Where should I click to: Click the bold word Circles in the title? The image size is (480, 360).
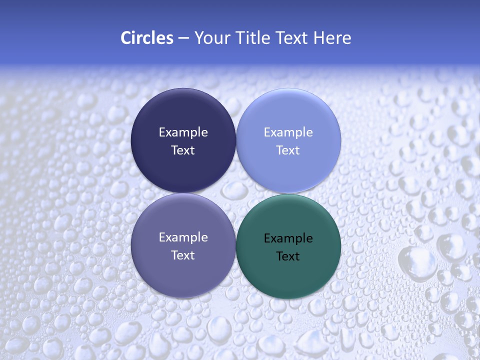pyautogui.click(x=146, y=38)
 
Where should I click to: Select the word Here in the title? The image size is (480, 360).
pyautogui.click(x=332, y=38)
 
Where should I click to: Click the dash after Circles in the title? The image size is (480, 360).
pyautogui.click(x=183, y=38)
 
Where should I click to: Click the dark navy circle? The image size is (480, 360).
pyautogui.click(x=183, y=115)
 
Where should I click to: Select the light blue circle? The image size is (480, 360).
pyautogui.click(x=288, y=115)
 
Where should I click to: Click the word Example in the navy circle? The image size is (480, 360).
pyautogui.click(x=183, y=132)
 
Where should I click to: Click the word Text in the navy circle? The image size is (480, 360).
pyautogui.click(x=183, y=150)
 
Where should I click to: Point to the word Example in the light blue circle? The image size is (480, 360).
pyautogui.click(x=288, y=132)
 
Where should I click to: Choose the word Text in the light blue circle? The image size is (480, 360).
pyautogui.click(x=288, y=150)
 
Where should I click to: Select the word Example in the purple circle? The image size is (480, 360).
pyautogui.click(x=183, y=237)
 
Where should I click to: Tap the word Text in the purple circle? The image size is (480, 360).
pyautogui.click(x=183, y=255)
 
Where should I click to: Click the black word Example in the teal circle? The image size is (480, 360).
pyautogui.click(x=288, y=238)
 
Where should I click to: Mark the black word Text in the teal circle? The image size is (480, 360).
pyautogui.click(x=288, y=256)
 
